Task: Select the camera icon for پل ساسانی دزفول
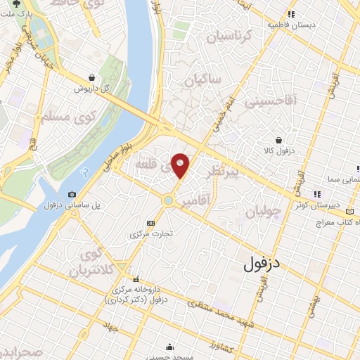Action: pyautogui.click(x=72, y=195)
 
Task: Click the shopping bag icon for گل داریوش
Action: pyautogui.click(x=92, y=78)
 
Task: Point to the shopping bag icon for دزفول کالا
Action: pyautogui.click(x=281, y=139)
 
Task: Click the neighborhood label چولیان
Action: pyautogui.click(x=264, y=212)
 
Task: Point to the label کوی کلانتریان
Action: pyautogui.click(x=98, y=263)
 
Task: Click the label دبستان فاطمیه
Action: pyautogui.click(x=289, y=25)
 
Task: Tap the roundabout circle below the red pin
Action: pyautogui.click(x=169, y=200)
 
